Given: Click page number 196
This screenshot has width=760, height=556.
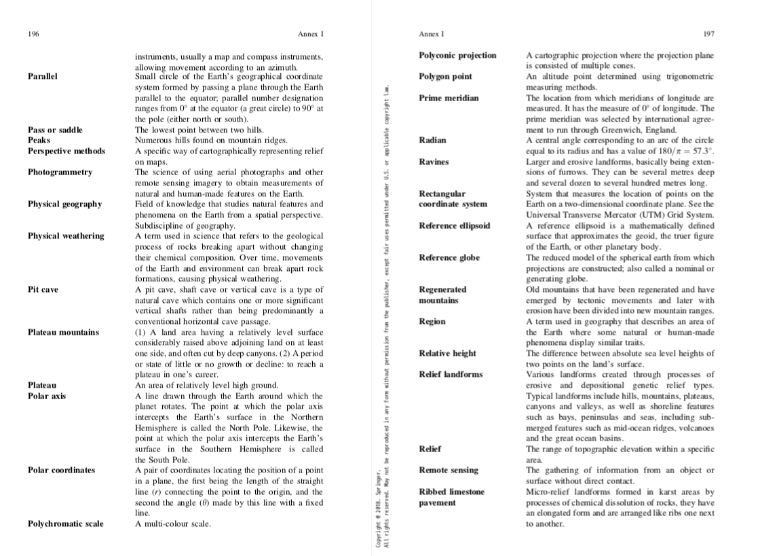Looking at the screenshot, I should click(x=33, y=34).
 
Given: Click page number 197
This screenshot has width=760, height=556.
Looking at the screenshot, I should click(x=709, y=34).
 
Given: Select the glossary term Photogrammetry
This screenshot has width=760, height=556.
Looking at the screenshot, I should click(x=60, y=172).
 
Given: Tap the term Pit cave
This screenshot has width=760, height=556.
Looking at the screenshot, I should click(x=43, y=289).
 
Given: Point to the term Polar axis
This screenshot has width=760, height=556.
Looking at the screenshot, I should click(x=47, y=396).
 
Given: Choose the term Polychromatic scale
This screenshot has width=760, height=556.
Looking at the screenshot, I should click(x=65, y=523).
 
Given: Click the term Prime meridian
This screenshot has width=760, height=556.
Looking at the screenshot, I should click(x=449, y=98).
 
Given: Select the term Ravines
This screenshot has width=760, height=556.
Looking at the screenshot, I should click(x=434, y=162).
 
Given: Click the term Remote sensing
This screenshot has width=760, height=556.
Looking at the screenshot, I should click(x=448, y=470).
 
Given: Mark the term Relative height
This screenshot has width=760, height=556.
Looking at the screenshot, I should click(x=447, y=353).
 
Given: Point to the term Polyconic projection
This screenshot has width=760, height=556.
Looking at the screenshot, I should click(x=457, y=55).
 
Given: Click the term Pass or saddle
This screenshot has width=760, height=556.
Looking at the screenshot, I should click(x=55, y=130).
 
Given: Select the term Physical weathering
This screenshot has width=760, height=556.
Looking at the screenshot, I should click(x=66, y=236).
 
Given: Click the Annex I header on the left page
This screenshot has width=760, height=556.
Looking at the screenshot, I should click(x=311, y=34).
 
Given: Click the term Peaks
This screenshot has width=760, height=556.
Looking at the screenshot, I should click(x=39, y=140).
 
